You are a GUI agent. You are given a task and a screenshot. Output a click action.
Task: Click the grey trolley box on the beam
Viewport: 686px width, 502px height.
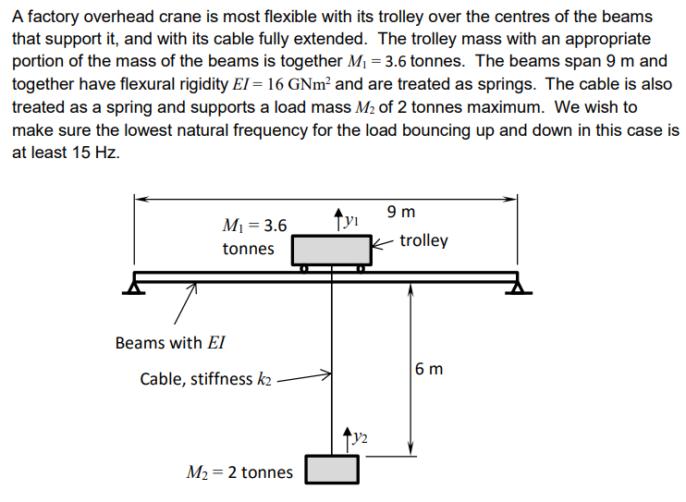tap(331, 251)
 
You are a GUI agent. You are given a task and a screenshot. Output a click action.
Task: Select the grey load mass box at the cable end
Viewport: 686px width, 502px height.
tap(332, 470)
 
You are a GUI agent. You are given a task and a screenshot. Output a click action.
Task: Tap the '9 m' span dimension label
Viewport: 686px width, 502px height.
tap(401, 213)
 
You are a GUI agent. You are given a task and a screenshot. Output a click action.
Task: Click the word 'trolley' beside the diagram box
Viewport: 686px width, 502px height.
tap(424, 240)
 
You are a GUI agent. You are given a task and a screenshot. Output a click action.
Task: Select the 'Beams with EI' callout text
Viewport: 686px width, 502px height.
tap(170, 343)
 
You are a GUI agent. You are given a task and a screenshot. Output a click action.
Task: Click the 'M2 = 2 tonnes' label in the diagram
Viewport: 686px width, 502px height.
tap(239, 472)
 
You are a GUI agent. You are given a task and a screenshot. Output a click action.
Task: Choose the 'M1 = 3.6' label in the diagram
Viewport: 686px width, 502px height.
tap(255, 226)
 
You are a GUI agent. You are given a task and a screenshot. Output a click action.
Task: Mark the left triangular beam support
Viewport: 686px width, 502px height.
tap(134, 288)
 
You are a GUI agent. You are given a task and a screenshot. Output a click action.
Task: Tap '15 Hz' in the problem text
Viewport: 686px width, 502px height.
tap(93, 153)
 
